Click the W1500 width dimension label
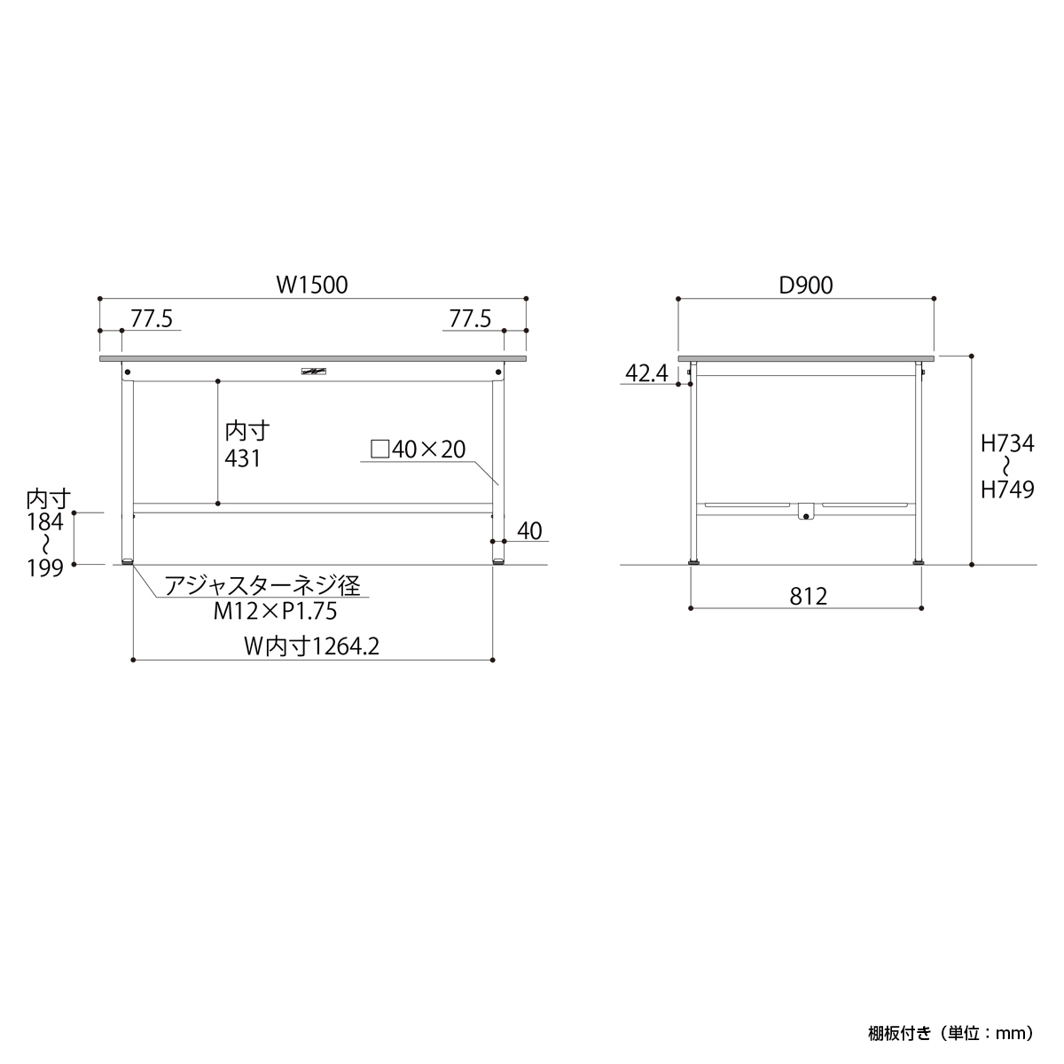pyautogui.click(x=312, y=285)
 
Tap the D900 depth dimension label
pyautogui.click(x=806, y=285)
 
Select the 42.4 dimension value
pyautogui.click(x=646, y=374)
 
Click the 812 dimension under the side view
pyautogui.click(x=809, y=597)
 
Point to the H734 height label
pyautogui.click(x=1007, y=443)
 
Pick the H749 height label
pyautogui.click(x=1007, y=489)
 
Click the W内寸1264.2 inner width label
pyautogui.click(x=312, y=646)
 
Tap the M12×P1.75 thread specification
pyautogui.click(x=275, y=611)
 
